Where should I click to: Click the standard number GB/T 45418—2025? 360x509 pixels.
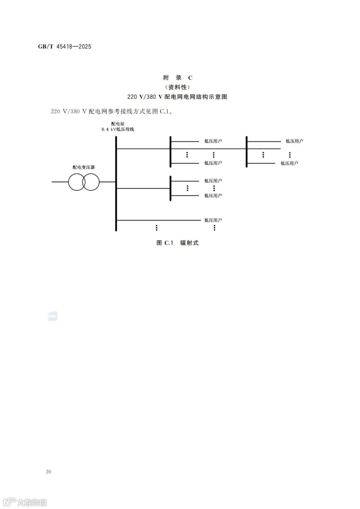click(x=65, y=47)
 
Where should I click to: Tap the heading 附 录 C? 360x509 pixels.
click(x=177, y=78)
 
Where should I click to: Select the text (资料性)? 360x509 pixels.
click(x=177, y=87)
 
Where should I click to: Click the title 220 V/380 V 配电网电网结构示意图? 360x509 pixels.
click(x=177, y=97)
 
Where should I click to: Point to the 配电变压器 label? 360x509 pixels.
click(x=84, y=167)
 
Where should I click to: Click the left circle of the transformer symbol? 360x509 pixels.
click(x=76, y=182)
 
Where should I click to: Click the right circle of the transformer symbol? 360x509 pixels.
click(x=91, y=182)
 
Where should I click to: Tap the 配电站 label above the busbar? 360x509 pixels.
click(x=118, y=124)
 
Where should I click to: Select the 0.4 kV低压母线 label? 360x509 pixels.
click(x=118, y=129)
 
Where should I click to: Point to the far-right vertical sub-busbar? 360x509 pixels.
click(x=247, y=152)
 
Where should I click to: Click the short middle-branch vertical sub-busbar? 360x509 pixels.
click(x=170, y=188)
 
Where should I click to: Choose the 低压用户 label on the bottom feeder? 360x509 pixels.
click(x=213, y=220)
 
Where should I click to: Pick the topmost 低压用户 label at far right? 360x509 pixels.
click(x=294, y=141)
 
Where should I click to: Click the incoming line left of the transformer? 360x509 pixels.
click(x=60, y=182)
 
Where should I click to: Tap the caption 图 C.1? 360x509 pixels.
click(x=165, y=243)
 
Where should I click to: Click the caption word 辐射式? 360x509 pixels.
click(x=189, y=243)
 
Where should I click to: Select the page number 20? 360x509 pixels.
click(x=49, y=472)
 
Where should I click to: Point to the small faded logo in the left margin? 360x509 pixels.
click(x=53, y=316)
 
